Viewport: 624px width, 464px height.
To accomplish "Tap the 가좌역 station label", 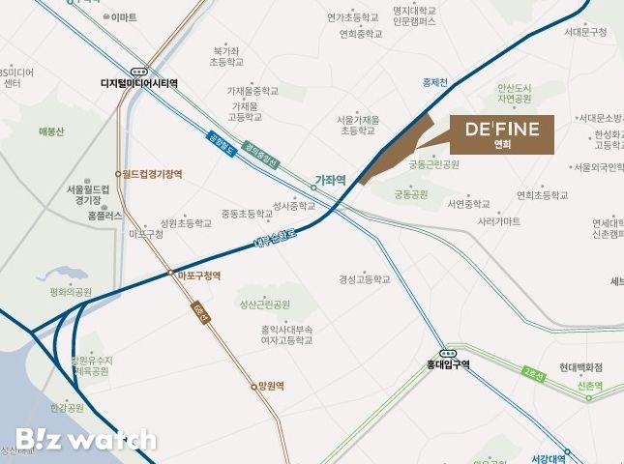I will pyautogui.click(x=330, y=179).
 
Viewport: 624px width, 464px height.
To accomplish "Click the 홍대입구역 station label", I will pyautogui.click(x=447, y=364).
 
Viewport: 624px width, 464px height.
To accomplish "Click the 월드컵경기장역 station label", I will pyautogui.click(x=152, y=174).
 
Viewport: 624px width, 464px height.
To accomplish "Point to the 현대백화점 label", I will pyautogui.click(x=580, y=367).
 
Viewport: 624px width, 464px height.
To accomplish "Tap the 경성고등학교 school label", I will pyautogui.click(x=365, y=279).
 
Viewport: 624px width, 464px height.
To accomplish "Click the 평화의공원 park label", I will pyautogui.click(x=71, y=291).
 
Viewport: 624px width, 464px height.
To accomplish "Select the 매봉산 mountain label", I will pyautogui.click(x=50, y=131).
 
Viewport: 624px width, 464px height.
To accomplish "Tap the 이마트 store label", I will pyautogui.click(x=123, y=17).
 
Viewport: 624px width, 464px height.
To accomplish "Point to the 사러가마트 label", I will pyautogui.click(x=499, y=221).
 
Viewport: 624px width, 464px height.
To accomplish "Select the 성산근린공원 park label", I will pyautogui.click(x=265, y=304).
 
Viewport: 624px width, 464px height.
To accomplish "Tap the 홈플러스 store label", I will pyautogui.click(x=105, y=216).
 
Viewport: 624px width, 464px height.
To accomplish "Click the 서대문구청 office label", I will pyautogui.click(x=585, y=32).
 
